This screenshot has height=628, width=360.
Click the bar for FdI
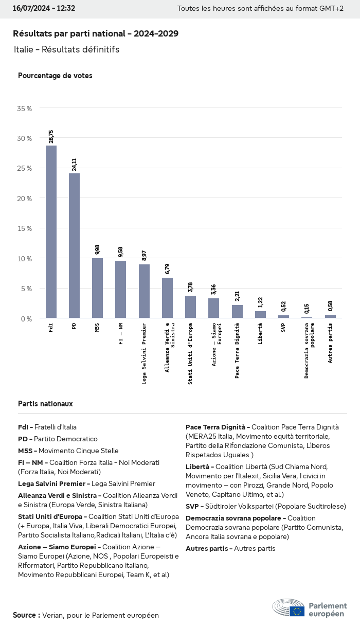click(51, 231)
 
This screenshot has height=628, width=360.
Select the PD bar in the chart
click(74, 245)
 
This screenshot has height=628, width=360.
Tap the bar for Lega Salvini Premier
click(144, 291)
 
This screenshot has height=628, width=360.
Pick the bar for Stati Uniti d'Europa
click(190, 307)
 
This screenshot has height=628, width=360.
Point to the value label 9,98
click(97, 249)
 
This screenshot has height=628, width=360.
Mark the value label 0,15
click(307, 309)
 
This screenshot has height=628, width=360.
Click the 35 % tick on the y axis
click(24, 109)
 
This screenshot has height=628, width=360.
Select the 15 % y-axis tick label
click(24, 228)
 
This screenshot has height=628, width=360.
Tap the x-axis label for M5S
click(97, 328)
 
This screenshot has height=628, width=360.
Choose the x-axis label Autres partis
click(330, 343)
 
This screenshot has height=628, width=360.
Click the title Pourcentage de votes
click(55, 76)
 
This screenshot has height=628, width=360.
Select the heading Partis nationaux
click(45, 404)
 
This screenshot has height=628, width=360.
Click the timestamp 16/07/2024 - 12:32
click(44, 8)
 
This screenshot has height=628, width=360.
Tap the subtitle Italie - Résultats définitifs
click(67, 49)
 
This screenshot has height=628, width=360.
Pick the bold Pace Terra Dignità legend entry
click(215, 427)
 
